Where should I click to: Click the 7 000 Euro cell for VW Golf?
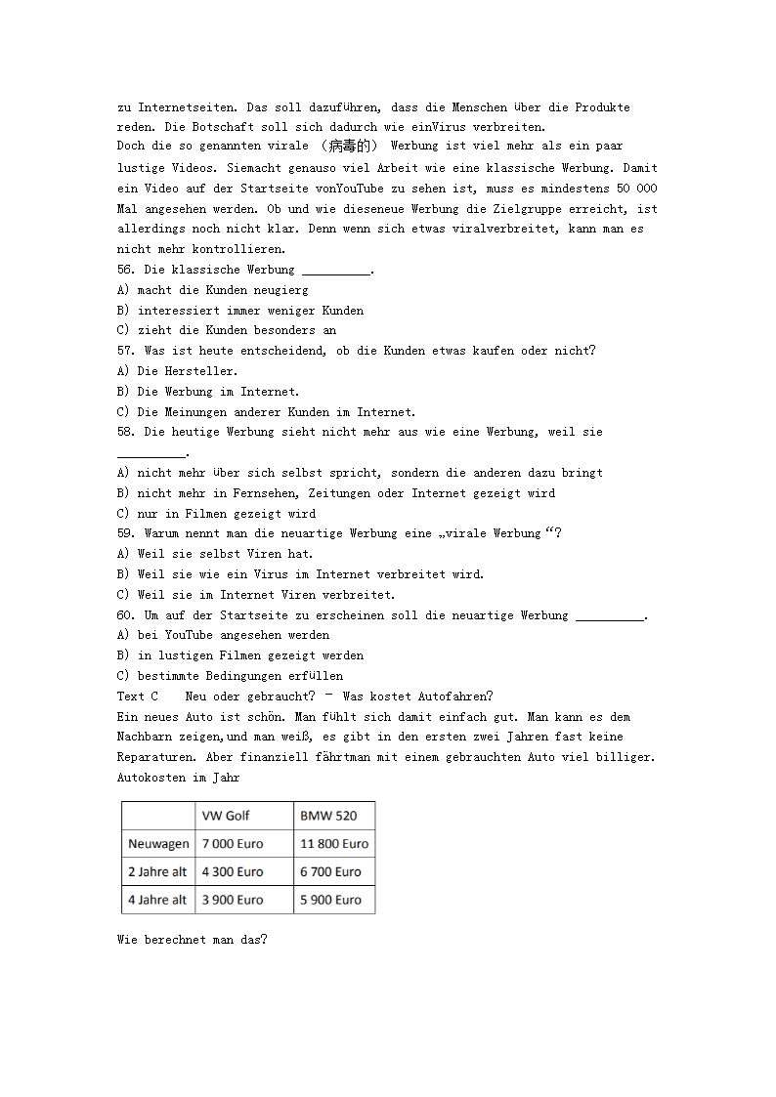coord(233,844)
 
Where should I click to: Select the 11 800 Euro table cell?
coord(334,844)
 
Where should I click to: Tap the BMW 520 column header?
coord(328,816)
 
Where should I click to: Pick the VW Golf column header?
coord(226,816)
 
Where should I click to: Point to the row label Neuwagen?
coord(158,844)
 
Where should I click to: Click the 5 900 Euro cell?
coord(330,900)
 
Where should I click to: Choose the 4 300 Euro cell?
coord(233,871)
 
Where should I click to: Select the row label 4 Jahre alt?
coord(157,900)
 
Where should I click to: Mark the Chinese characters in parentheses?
coord(350,147)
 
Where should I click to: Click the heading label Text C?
coord(138,696)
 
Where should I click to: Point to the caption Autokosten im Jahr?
coord(178,778)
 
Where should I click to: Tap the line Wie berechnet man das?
coord(192,940)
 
